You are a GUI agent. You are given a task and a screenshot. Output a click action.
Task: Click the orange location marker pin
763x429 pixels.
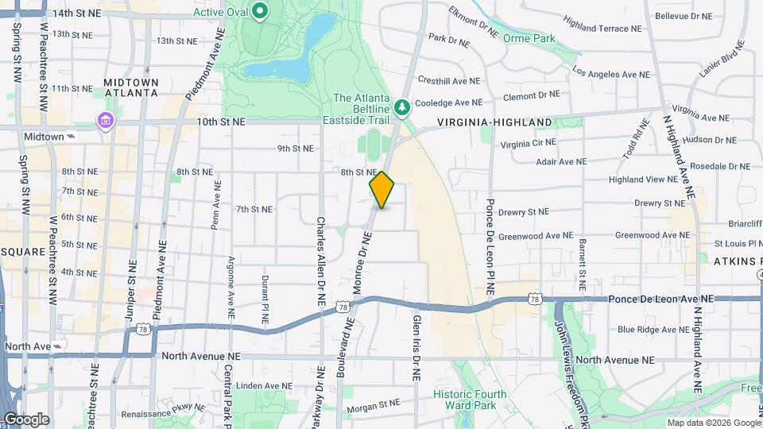(382, 190)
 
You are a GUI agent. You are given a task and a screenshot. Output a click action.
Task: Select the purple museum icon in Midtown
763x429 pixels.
(105, 121)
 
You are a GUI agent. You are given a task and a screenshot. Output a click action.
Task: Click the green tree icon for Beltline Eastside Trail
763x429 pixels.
(402, 106)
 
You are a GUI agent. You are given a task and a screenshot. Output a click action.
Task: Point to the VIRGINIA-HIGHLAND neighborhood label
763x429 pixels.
(494, 122)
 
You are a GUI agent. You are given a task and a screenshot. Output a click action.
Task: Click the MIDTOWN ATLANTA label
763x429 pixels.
(130, 87)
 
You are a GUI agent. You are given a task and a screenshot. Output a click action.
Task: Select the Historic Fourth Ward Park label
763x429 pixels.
(465, 400)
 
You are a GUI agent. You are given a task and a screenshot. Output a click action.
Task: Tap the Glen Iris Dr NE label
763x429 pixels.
(416, 347)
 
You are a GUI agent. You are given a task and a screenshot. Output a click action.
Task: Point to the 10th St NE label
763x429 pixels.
(222, 122)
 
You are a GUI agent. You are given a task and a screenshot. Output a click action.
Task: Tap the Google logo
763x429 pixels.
(26, 419)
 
